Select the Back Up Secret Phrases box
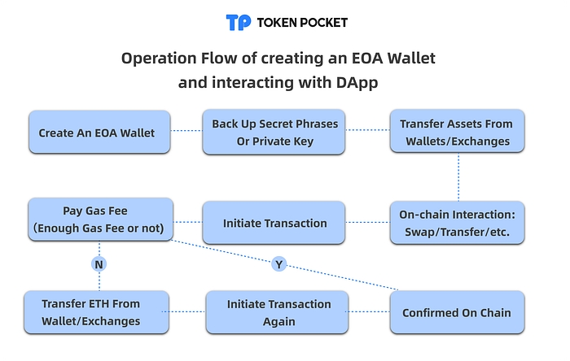point(275,133)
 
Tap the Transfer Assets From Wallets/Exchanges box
point(457,133)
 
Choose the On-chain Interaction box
point(457,222)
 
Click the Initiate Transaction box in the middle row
point(275,223)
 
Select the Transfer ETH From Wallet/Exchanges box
point(91,312)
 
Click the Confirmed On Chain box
point(457,312)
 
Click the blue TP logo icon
point(239,22)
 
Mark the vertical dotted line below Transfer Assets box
point(457,177)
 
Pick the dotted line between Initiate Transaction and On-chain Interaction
point(369,222)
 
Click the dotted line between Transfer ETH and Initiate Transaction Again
point(186,312)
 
